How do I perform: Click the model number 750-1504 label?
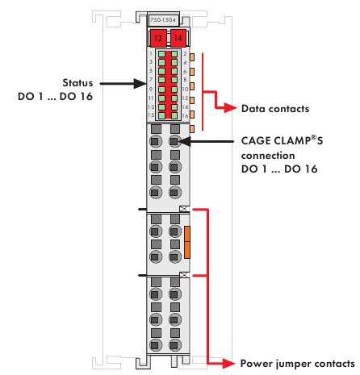tap(163, 20)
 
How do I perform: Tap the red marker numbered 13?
tap(157, 38)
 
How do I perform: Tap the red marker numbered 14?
tap(178, 38)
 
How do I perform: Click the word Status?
tap(77, 83)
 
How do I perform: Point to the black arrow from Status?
tap(123, 84)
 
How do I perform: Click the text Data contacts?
tap(275, 109)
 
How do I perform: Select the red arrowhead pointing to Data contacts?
tap(230, 108)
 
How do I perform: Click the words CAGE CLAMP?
tap(276, 141)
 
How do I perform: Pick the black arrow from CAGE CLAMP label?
tap(206, 141)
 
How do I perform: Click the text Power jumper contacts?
tap(297, 364)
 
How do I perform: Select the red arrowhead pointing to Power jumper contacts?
tap(228, 364)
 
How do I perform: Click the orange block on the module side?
tap(187, 242)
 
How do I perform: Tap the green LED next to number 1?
tap(161, 54)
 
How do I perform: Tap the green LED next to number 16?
tap(174, 115)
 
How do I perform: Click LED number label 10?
tap(185, 89)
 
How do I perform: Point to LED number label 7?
tap(151, 80)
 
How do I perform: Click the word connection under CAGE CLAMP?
tap(268, 156)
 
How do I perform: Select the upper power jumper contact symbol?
tap(184, 209)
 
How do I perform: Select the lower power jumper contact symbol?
tap(184, 275)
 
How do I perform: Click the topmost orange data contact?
tap(192, 57)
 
